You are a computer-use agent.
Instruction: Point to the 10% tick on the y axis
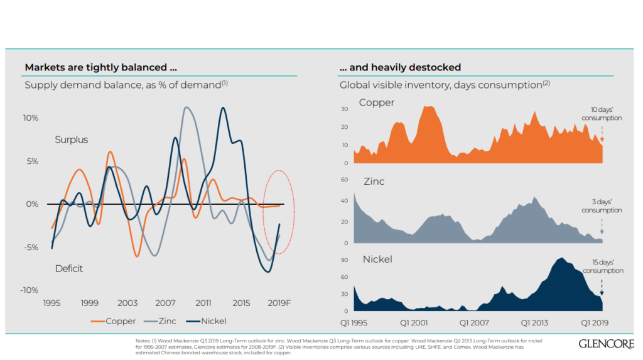click(x=31, y=118)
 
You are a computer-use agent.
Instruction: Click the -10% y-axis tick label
click(x=30, y=290)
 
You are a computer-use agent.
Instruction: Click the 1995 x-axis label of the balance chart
click(x=51, y=303)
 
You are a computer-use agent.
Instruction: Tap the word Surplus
click(x=72, y=139)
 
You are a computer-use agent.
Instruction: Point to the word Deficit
click(x=69, y=268)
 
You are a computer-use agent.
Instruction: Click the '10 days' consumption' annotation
click(x=602, y=114)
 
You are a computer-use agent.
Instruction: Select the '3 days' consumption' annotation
click(x=602, y=206)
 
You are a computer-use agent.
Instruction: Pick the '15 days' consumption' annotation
click(x=603, y=266)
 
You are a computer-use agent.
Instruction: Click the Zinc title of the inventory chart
click(x=374, y=182)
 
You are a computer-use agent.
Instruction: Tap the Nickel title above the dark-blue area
click(x=377, y=259)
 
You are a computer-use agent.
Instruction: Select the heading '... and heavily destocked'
click(x=400, y=67)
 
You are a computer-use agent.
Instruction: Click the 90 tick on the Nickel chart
click(x=344, y=260)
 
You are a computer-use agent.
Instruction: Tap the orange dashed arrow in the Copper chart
click(x=602, y=133)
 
